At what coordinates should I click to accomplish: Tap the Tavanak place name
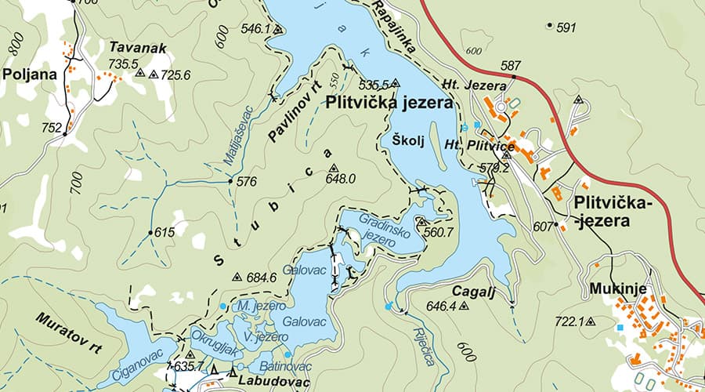[x=138, y=48]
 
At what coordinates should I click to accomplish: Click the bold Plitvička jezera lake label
[x=389, y=102]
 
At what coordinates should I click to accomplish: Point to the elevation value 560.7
[x=438, y=233]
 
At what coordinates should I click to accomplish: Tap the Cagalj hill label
[x=473, y=290]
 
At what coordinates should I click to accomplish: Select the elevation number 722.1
[x=569, y=321]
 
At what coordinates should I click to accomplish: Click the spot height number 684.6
[x=261, y=278]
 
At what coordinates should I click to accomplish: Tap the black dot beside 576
[x=230, y=181]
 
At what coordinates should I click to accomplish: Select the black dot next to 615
[x=150, y=233]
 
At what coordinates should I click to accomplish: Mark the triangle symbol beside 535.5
[x=396, y=82]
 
